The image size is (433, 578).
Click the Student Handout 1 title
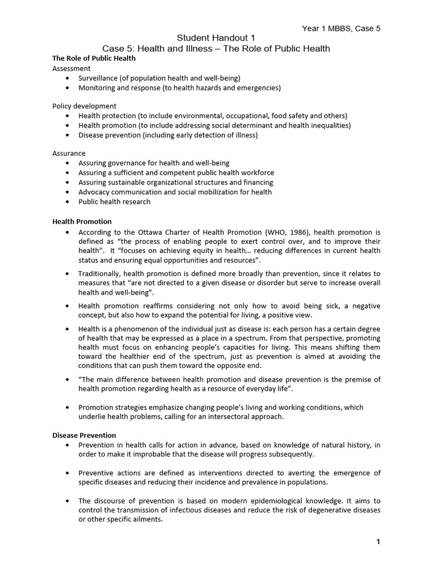coord(216,38)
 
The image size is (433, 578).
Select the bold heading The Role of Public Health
coord(94,58)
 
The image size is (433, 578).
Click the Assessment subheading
coord(71,68)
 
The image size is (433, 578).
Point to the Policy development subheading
coord(85,106)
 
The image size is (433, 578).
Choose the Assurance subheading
coord(69,154)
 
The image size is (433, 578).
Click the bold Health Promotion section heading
coord(82,221)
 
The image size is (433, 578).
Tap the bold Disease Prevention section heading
coord(84,435)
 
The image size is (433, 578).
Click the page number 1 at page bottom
coord(378,542)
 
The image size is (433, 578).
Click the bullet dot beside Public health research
coord(68,202)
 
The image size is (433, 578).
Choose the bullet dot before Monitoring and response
coord(68,87)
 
